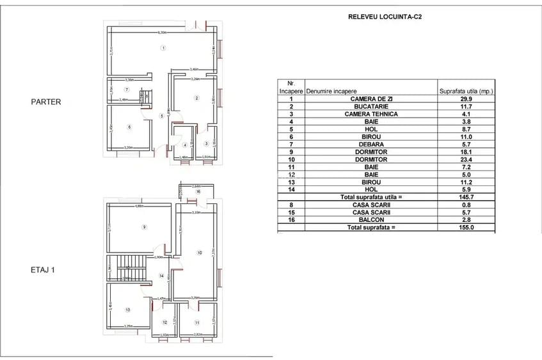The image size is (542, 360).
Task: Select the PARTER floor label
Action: point(45,101)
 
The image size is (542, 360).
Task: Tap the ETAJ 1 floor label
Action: point(44,270)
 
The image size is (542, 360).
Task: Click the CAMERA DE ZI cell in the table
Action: point(371,99)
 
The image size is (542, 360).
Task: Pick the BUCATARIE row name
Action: point(371,107)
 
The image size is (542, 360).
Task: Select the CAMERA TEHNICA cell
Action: point(371,114)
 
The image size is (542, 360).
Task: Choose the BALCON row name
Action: point(371,220)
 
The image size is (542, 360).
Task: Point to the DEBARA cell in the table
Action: point(371,145)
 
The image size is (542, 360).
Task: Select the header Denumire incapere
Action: point(331,91)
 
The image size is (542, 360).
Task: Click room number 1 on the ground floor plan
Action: point(163,47)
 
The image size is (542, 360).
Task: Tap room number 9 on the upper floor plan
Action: point(144,226)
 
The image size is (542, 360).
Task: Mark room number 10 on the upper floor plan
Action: point(199,253)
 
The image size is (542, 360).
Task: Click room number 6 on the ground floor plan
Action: point(129,127)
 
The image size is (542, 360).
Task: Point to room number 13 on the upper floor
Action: point(128,309)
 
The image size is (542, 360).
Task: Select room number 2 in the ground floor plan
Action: point(196,98)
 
